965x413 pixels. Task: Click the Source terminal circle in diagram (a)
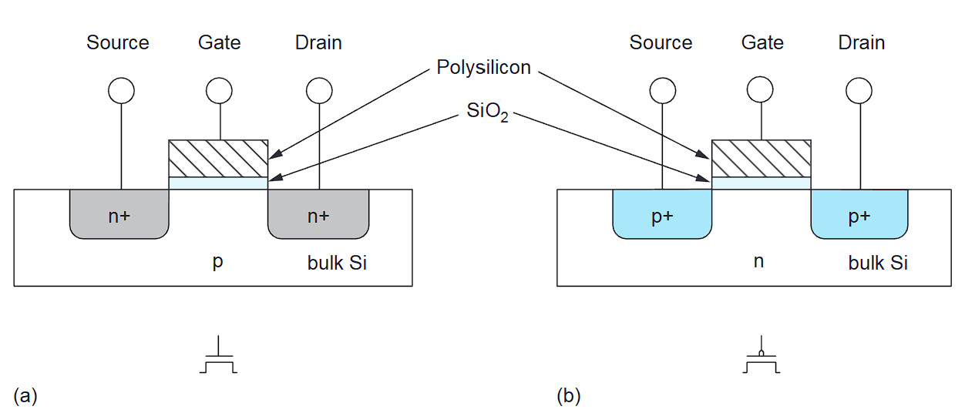pyautogui.click(x=121, y=91)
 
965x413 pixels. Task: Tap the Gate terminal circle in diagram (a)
pyautogui.click(x=220, y=91)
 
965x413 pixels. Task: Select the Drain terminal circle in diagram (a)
pyautogui.click(x=319, y=91)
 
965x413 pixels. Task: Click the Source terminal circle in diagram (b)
pyautogui.click(x=664, y=91)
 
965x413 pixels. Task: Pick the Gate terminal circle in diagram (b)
pyautogui.click(x=762, y=91)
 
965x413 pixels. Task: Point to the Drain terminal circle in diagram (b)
pyautogui.click(x=861, y=91)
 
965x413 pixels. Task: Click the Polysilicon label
pyautogui.click(x=483, y=68)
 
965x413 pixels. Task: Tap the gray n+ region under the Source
pyautogui.click(x=119, y=215)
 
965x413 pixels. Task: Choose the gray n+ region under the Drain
pyautogui.click(x=318, y=215)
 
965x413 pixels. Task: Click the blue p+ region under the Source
pyautogui.click(x=662, y=215)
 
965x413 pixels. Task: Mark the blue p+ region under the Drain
pyautogui.click(x=860, y=215)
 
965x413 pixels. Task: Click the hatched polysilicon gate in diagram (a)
pyautogui.click(x=219, y=158)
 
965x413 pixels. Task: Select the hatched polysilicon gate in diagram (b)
pyautogui.click(x=762, y=158)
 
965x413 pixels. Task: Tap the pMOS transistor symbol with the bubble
pyautogui.click(x=762, y=358)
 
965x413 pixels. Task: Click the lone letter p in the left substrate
pyautogui.click(x=218, y=263)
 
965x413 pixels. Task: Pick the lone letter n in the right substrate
pyautogui.click(x=758, y=262)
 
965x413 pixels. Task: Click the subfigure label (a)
pyautogui.click(x=25, y=396)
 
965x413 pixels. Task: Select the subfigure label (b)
pyautogui.click(x=569, y=396)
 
